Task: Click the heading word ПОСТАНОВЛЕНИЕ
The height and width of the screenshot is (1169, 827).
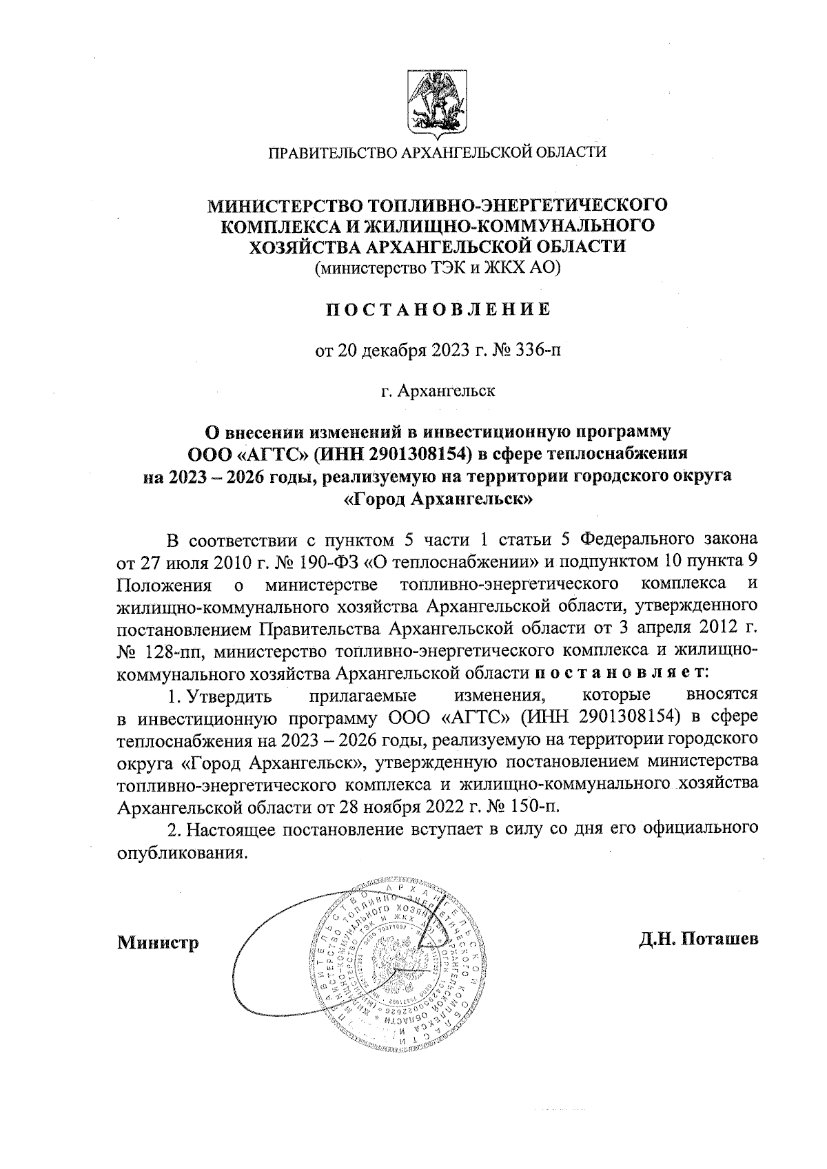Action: pyautogui.click(x=438, y=309)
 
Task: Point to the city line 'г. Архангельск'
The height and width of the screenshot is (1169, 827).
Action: pyautogui.click(x=438, y=391)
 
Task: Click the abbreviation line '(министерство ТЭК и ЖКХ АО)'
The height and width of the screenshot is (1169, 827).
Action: pyautogui.click(x=438, y=268)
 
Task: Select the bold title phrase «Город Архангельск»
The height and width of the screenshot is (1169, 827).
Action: pyautogui.click(x=438, y=499)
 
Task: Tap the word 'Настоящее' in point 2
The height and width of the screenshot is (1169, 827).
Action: pyautogui.click(x=228, y=828)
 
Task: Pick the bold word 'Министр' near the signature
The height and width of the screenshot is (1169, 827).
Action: pyautogui.click(x=158, y=941)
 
